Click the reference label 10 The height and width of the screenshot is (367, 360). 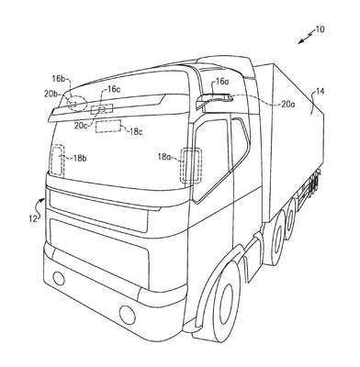pos(320,29)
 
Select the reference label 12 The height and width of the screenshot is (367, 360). pos(33,218)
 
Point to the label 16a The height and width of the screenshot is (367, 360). pos(222,82)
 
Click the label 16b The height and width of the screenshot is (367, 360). pos(58,79)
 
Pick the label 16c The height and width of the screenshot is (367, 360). pos(113,89)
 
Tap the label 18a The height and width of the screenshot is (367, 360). pos(164,157)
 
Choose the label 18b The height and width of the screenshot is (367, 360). pos(80,158)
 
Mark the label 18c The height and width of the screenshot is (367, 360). pos(136,132)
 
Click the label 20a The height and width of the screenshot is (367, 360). pos(288,105)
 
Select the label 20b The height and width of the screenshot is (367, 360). pos(51,94)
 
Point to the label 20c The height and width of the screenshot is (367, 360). pos(81,126)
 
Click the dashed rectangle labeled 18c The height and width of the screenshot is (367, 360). pos(108,127)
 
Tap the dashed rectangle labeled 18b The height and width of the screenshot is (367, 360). pos(58,160)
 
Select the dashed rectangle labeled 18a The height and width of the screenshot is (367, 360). pos(191,166)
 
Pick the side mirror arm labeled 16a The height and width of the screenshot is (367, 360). pos(214,100)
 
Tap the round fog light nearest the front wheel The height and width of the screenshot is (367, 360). pos(128,314)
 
